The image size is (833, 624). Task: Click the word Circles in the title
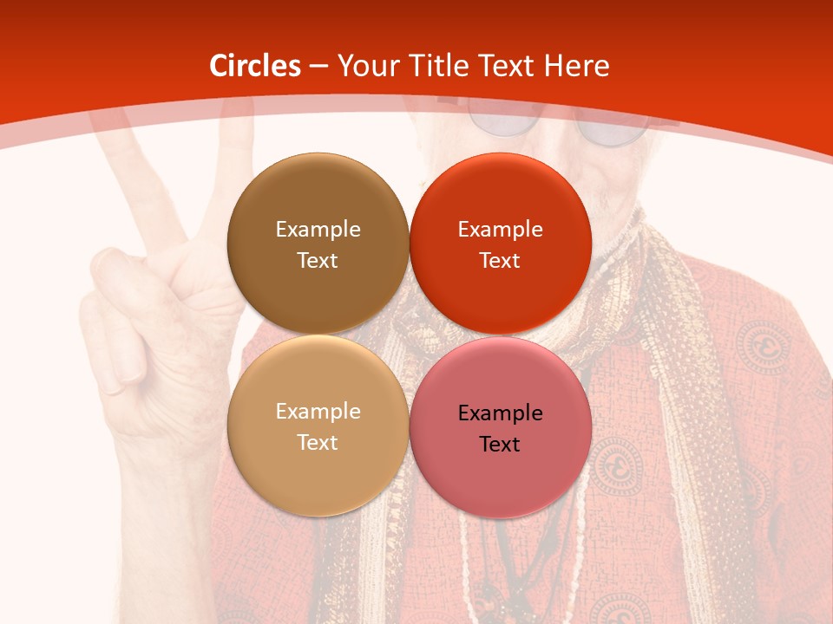pos(255,66)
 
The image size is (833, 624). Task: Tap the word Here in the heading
pos(576,66)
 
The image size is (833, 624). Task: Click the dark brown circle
pos(318,199)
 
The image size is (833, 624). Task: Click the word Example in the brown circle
pos(318,229)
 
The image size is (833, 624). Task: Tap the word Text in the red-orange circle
pos(500,260)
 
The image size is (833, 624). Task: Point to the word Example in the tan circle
pos(318,411)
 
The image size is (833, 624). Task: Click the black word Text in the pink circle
pos(500,444)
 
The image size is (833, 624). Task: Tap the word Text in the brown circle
pos(318,260)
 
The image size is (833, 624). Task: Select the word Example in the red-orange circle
pos(500,229)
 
